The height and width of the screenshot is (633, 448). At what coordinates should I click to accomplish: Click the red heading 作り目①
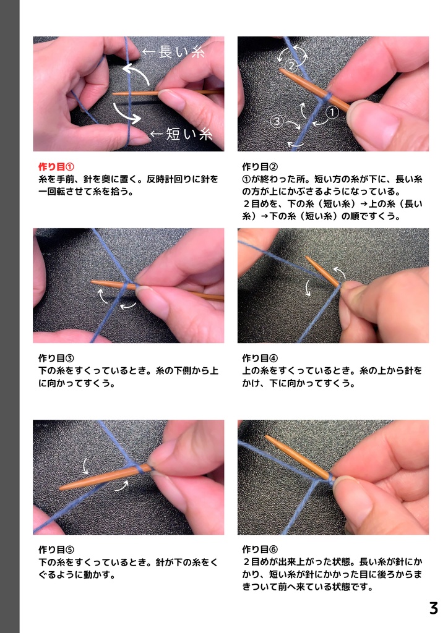coord(56,167)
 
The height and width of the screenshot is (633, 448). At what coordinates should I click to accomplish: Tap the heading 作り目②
coord(260,167)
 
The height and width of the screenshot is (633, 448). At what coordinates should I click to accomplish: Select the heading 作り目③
coord(56,358)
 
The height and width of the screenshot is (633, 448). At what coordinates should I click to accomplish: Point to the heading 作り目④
coord(260,358)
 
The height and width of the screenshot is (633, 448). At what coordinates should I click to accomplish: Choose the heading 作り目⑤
coord(56,549)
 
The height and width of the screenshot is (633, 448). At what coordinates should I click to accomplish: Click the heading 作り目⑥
coord(260,549)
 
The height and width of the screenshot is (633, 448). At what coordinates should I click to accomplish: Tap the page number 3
coord(433,608)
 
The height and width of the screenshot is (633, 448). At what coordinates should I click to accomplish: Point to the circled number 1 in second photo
coord(330,113)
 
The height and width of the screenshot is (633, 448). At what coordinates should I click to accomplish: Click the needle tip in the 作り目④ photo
coord(308,258)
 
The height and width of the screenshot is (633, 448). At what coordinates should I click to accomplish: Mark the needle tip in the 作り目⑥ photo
coord(267,437)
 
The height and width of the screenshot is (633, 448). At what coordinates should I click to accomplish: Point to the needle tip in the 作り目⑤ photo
coord(62,488)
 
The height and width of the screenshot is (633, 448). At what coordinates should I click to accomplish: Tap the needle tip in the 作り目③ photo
coord(93,283)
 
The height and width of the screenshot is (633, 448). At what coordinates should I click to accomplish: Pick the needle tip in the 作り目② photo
coord(282,70)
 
